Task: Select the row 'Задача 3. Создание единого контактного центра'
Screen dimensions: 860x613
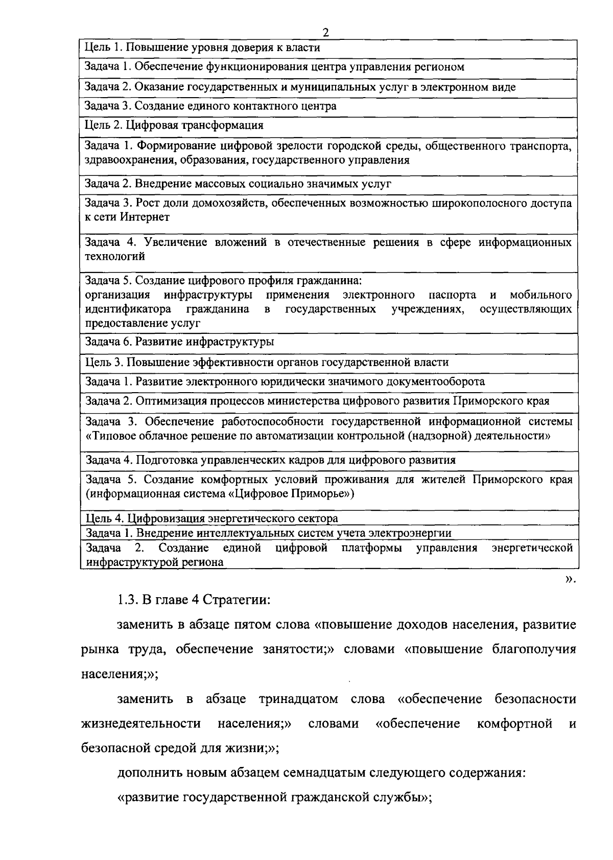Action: pos(210,106)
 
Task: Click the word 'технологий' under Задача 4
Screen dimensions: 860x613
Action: pos(115,257)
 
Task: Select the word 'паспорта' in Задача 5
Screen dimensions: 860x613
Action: pos(453,295)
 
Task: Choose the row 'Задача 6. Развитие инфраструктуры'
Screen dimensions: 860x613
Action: pos(179,342)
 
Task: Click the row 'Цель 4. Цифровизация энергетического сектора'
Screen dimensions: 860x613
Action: pos(211,518)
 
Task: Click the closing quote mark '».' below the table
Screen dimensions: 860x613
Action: pos(570,580)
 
